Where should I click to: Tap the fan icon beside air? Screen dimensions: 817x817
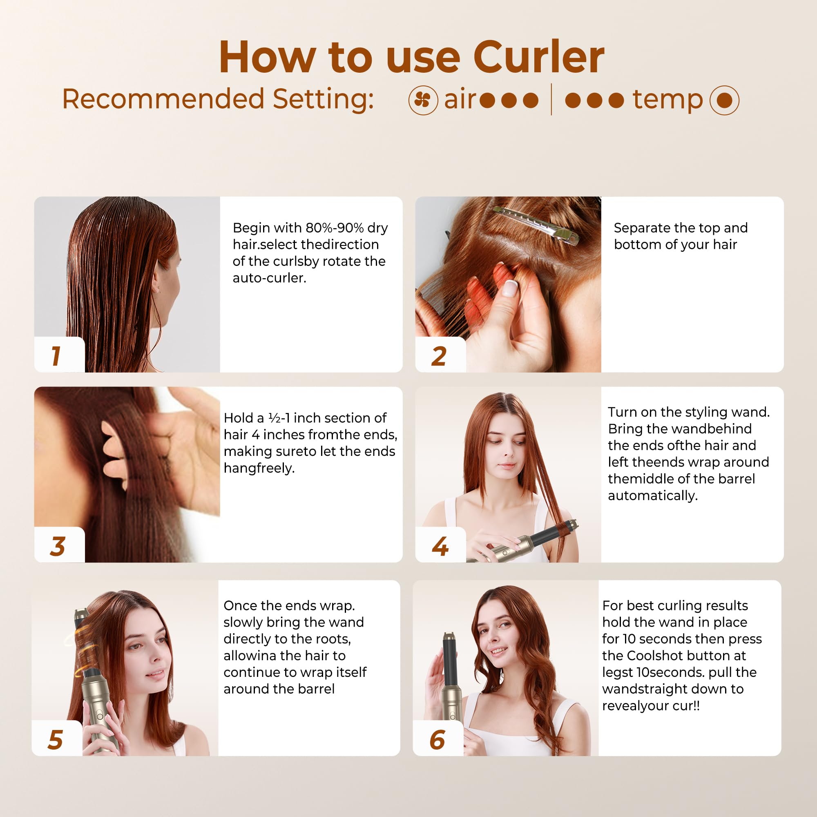[423, 100]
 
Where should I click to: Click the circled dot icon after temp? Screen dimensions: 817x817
[724, 100]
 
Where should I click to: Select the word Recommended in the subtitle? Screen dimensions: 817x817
[163, 99]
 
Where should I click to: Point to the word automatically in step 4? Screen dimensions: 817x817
[652, 496]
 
